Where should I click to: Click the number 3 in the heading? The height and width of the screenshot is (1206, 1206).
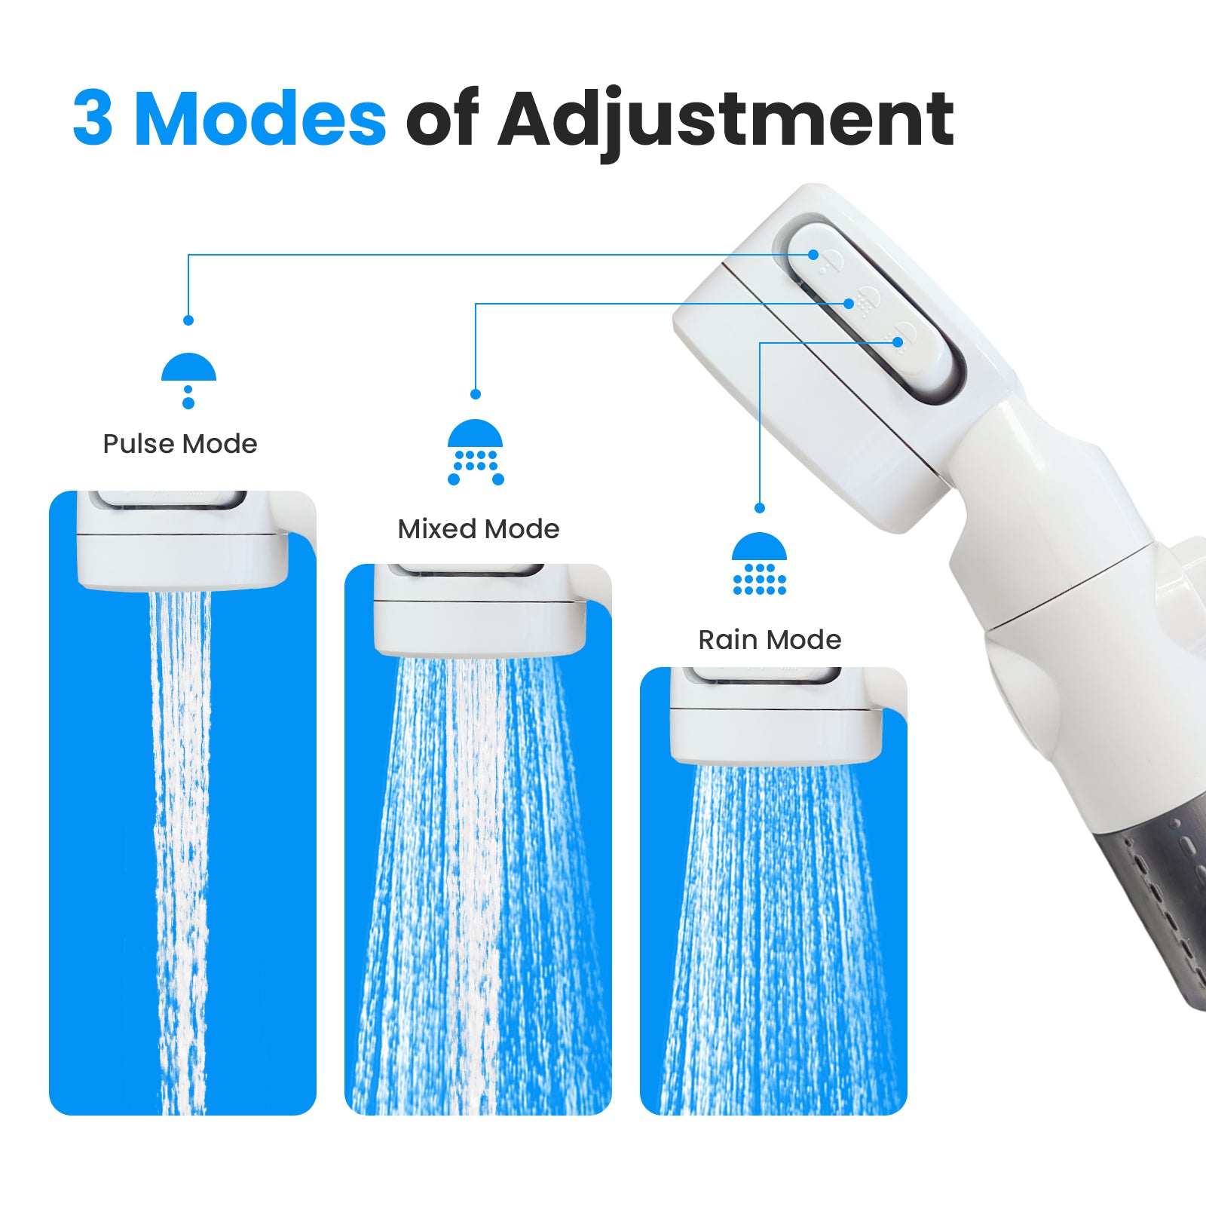(x=93, y=119)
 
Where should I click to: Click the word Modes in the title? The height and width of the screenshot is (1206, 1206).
(x=260, y=119)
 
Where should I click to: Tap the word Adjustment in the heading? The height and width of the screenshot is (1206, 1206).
(x=725, y=119)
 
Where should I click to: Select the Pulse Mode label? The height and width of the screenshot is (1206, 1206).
(x=179, y=444)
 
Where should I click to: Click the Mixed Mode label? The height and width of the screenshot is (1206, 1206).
(x=478, y=529)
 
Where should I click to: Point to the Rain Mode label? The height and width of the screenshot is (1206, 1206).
(x=769, y=640)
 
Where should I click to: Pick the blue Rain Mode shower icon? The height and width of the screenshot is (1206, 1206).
(x=759, y=564)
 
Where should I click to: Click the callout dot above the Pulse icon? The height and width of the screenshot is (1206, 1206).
(x=188, y=320)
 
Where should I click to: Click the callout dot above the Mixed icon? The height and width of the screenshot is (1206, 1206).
(x=475, y=394)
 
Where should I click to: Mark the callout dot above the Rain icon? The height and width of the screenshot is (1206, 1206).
(x=759, y=508)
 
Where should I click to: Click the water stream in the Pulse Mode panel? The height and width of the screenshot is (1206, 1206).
(x=181, y=829)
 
